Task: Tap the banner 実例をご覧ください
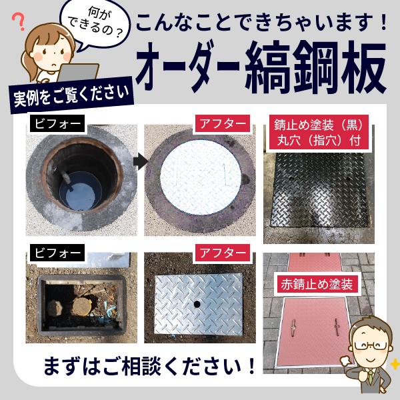(x=71, y=97)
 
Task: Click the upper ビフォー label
(x=57, y=123)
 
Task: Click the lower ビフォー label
(x=57, y=253)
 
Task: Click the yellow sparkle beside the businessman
(x=394, y=364)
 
